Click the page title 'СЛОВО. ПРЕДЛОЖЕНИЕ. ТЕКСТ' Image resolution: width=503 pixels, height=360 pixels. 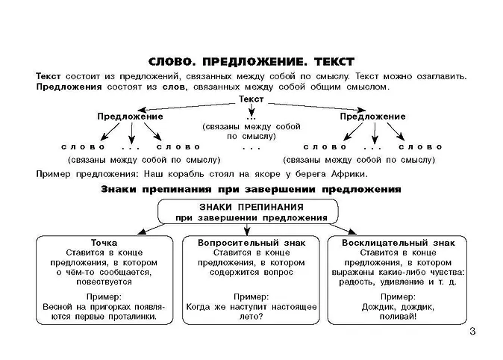point(251,61)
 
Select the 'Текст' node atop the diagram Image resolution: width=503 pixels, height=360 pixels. point(251,99)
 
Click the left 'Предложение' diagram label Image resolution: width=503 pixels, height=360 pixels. point(130,117)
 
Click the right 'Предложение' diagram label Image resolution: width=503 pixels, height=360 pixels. point(372,117)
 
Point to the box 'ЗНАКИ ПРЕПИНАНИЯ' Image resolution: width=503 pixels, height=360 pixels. point(251,212)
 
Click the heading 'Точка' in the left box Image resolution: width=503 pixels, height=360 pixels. point(104,243)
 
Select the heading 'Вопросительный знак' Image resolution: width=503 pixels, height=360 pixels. point(251,243)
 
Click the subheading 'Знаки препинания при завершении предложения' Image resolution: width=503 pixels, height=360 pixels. point(251,190)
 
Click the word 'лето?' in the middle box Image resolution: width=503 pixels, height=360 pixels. point(251,316)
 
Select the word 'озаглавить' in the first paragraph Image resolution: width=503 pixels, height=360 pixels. point(437,77)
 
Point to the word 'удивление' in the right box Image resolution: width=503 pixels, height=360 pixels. point(407,282)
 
